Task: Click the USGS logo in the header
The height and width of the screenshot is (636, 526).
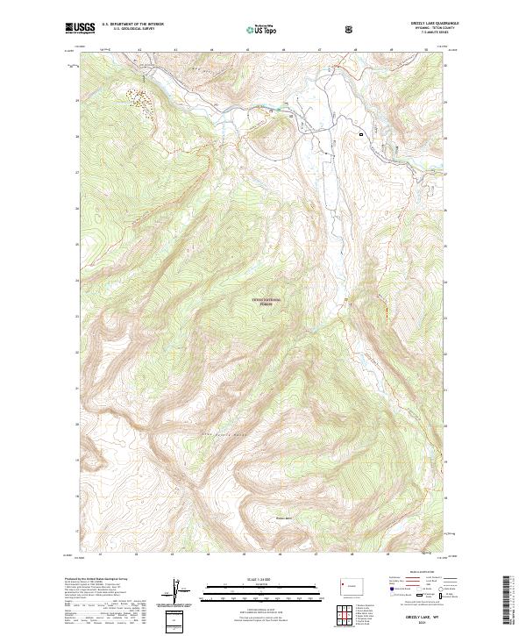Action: click(80, 28)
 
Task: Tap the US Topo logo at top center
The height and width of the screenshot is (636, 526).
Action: click(259, 29)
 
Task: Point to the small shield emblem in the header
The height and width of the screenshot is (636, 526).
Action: click(350, 29)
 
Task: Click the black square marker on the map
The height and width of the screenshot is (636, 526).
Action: click(360, 133)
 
